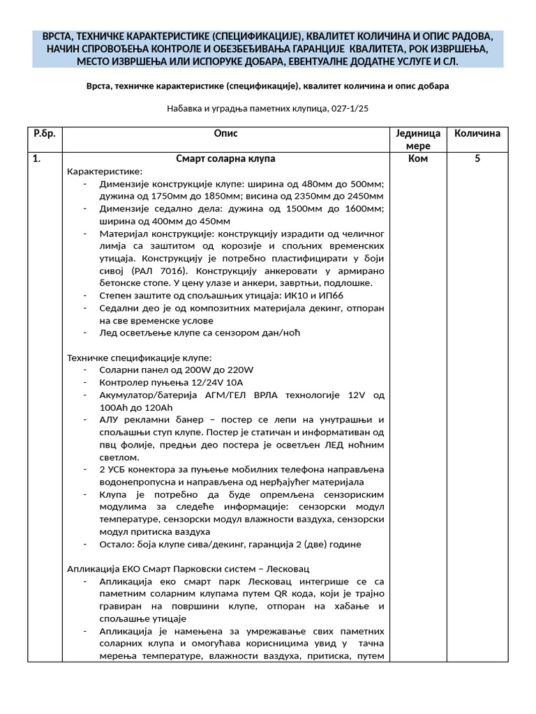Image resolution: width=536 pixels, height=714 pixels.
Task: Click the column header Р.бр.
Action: (45, 133)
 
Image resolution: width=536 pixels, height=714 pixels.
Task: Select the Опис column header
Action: (225, 133)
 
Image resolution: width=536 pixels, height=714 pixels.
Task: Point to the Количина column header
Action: (477, 133)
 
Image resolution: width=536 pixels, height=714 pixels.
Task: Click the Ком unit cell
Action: (417, 159)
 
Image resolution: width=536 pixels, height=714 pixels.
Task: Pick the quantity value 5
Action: (477, 159)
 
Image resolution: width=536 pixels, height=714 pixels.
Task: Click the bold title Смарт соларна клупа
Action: (225, 159)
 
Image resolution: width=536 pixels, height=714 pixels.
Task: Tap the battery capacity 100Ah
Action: (117, 407)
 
